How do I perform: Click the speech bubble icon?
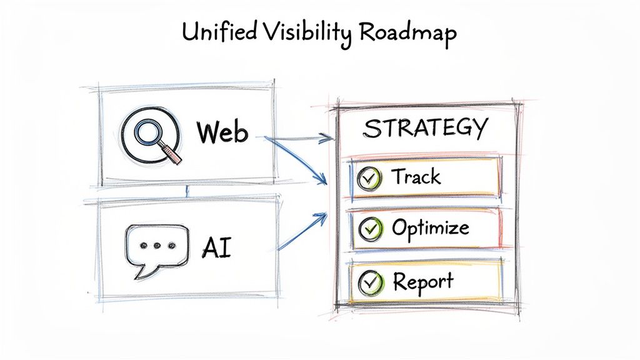click(156, 247)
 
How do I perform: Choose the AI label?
click(216, 247)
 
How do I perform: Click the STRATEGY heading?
click(426, 128)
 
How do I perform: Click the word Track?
click(416, 177)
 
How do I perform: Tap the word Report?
click(423, 281)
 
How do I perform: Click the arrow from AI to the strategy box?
click(302, 232)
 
